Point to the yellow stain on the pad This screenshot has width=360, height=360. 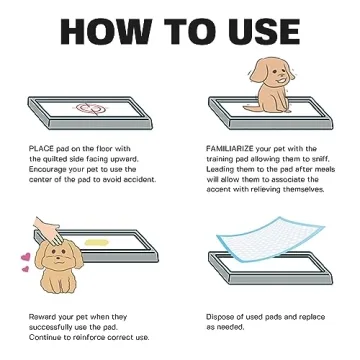(x=99, y=241)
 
